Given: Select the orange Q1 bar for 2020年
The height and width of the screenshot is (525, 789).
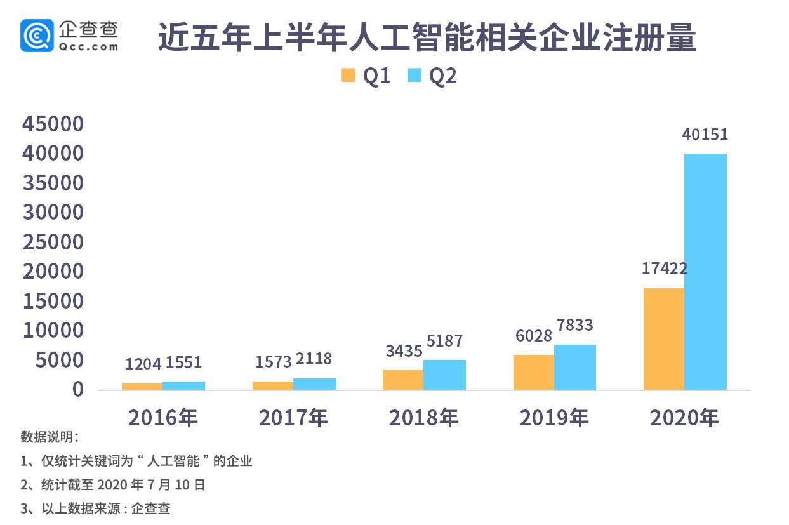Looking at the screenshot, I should click(x=664, y=339).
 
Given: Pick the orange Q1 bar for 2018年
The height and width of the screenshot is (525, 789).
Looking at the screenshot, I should click(x=403, y=380).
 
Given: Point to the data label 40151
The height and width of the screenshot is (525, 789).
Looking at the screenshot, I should click(x=705, y=135).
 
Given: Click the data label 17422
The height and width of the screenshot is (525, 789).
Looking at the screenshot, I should click(x=664, y=269).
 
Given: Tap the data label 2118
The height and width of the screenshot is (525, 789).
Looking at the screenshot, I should click(x=314, y=359).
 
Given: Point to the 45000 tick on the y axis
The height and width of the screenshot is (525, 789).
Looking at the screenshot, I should click(x=53, y=124).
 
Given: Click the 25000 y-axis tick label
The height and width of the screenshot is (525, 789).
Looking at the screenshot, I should click(x=53, y=242).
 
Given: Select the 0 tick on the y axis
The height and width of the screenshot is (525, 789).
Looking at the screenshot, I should click(x=77, y=389).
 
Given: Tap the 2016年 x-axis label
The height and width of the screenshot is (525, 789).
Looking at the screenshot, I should click(x=163, y=418).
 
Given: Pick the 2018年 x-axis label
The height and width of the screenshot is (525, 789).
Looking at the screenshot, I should click(x=423, y=418).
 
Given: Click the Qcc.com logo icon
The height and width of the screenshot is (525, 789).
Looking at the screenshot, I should click(x=37, y=35).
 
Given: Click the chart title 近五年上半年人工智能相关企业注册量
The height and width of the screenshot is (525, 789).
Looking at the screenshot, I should click(x=427, y=39).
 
